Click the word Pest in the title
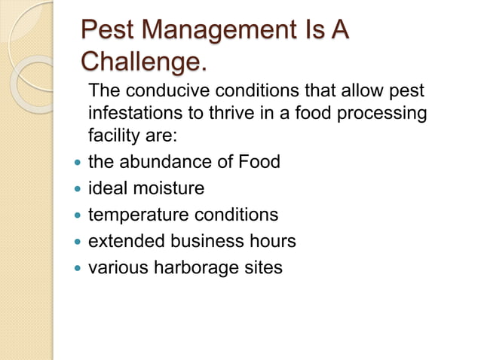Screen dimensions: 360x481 [109, 32]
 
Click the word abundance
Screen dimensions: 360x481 [170, 162]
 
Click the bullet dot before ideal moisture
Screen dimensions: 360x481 [74, 189]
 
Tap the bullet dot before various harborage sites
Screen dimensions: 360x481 [74, 268]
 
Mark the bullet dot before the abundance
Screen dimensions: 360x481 [74, 163]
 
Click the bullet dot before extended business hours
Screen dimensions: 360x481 [74, 242]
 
